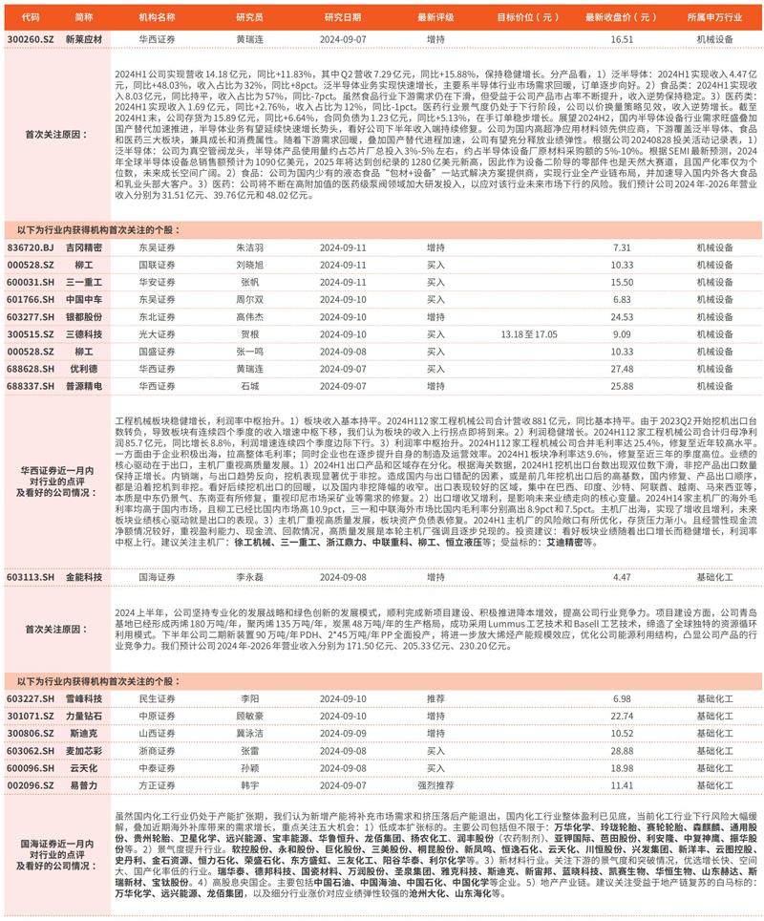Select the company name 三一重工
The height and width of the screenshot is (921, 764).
click(84, 282)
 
